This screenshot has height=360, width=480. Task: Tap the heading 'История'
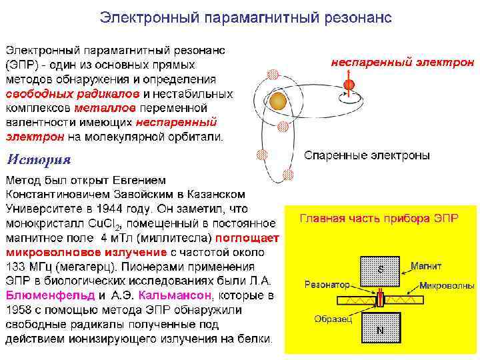pyautogui.click(x=38, y=159)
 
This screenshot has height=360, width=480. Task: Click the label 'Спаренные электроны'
pyautogui.click(x=367, y=155)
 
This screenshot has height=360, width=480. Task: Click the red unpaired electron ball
pyautogui.click(x=349, y=85)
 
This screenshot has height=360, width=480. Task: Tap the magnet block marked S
pyautogui.click(x=381, y=269)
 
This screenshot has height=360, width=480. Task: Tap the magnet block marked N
pyautogui.click(x=381, y=328)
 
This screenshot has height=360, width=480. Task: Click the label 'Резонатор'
pyautogui.click(x=327, y=284)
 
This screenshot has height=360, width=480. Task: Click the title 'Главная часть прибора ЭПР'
pyautogui.click(x=378, y=218)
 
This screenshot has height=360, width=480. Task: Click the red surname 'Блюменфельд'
pyautogui.click(x=51, y=295)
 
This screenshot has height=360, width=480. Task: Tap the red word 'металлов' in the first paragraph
pyautogui.click(x=106, y=107)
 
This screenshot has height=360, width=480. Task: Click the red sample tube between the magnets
pyautogui.click(x=381, y=297)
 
